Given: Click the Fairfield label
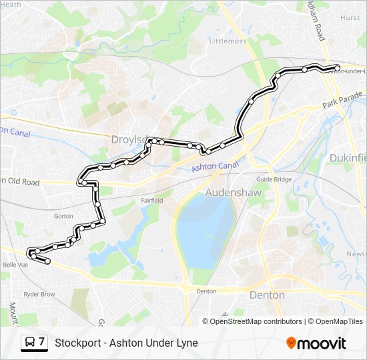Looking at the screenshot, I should tap(151, 199).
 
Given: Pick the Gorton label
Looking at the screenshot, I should tap(63, 216).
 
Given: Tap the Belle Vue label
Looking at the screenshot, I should tap(15, 264).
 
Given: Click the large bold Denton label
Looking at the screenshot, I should tap(266, 295).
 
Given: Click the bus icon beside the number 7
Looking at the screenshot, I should tap(30, 343).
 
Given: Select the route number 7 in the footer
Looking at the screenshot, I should tap(42, 343).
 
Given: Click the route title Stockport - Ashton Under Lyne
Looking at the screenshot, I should tap(126, 343).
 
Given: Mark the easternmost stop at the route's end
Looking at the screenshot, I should tap(337, 67).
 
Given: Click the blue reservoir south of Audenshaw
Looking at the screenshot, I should tap(204, 230).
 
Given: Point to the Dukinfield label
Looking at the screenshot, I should tap(348, 158).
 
